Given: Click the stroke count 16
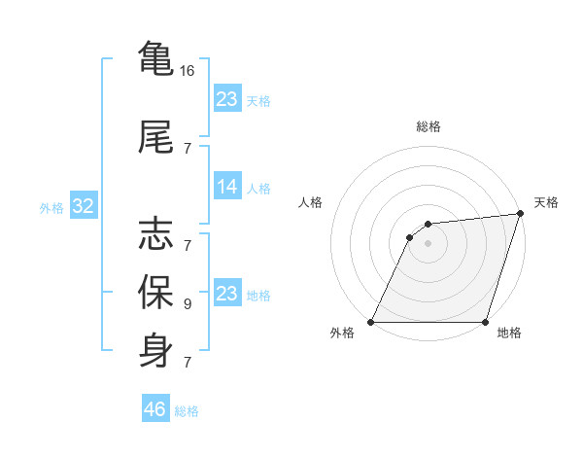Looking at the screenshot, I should [x=188, y=71].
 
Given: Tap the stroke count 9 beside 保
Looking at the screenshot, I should [x=187, y=304].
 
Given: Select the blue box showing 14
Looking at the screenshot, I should [x=227, y=187].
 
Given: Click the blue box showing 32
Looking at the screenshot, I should [x=82, y=207].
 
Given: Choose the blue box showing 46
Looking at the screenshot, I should [x=155, y=409].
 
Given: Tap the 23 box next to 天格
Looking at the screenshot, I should [x=227, y=99].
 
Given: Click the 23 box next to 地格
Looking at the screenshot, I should [x=227, y=294].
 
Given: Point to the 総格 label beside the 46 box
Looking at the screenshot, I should [x=188, y=411].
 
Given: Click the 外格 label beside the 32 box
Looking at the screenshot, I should [x=51, y=208].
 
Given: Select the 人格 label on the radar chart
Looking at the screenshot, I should [x=311, y=202].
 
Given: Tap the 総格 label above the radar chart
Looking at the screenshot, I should [x=429, y=127].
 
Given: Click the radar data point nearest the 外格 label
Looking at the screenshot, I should [x=370, y=322].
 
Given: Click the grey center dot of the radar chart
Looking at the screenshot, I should [x=428, y=243].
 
